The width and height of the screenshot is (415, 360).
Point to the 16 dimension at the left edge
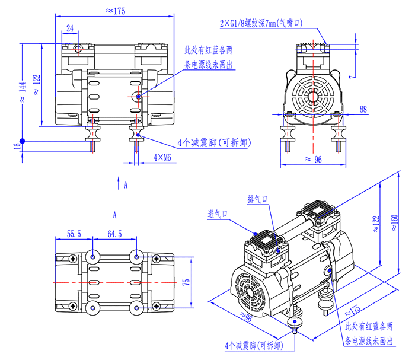pyautogui.click(x=16, y=146)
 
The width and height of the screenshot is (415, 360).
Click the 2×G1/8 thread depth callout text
pyautogui.click(x=261, y=24)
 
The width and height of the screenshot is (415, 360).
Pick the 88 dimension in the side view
pyautogui.click(x=363, y=109)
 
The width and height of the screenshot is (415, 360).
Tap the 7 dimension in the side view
pyautogui.click(x=351, y=77)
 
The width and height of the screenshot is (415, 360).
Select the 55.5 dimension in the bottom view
pyautogui.click(x=74, y=234)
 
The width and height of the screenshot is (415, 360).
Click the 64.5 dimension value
pyautogui.click(x=114, y=234)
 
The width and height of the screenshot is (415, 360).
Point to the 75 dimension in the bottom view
pyautogui.click(x=186, y=282)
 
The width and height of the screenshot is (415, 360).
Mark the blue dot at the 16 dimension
pyautogui.click(x=21, y=141)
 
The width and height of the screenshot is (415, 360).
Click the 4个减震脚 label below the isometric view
pyautogui.click(x=253, y=345)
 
